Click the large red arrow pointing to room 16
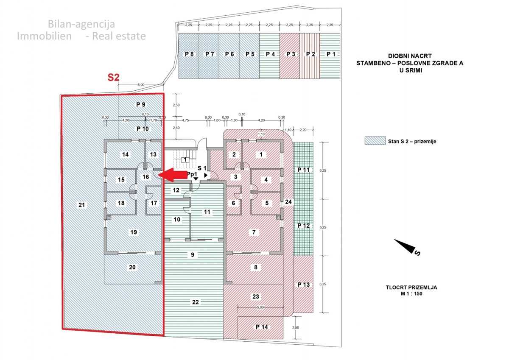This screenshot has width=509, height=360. tap(171, 174)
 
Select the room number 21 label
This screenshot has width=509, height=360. tap(82, 205)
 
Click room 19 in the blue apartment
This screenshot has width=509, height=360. tap(133, 232)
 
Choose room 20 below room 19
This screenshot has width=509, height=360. tap(132, 267)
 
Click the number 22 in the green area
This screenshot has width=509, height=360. tap(195, 302)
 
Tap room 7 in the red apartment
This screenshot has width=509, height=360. tap(254, 232)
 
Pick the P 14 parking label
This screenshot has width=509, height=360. tap(262, 327)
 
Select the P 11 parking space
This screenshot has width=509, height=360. tap(303, 170)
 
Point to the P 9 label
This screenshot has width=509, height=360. tap(140, 104)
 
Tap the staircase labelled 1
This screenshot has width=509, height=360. tap(185, 159)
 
